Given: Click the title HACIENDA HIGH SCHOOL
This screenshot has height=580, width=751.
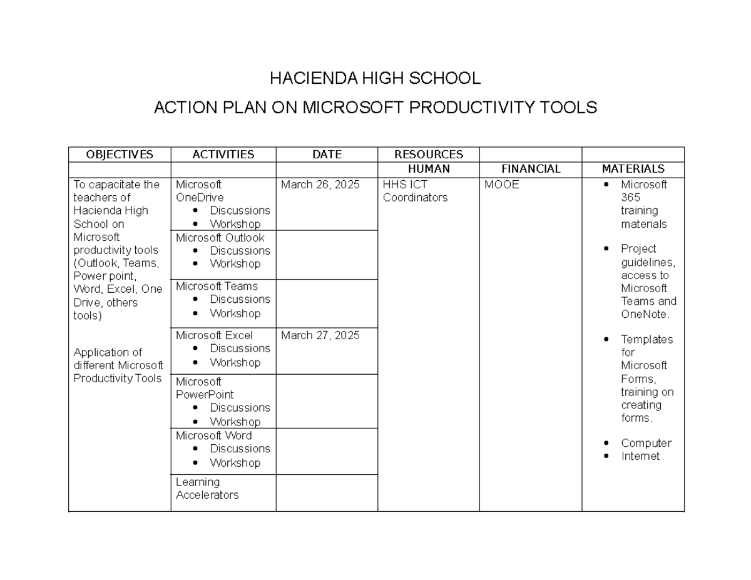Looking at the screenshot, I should pos(375,79).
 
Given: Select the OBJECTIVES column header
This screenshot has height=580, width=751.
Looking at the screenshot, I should pos(119,155).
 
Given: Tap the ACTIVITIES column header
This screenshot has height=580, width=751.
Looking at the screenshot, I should pos(223,155).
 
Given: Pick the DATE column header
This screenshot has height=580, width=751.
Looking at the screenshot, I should pos(327,155).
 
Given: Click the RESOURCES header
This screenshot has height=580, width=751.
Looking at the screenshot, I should pos(428,155).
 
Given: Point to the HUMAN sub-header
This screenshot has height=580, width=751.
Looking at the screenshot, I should pos(428,169).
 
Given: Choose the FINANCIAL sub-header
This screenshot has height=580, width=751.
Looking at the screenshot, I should pos(530,169).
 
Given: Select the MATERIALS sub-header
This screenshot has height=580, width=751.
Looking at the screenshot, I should pos(633,169).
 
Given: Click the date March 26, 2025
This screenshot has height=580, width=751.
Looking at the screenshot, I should pos(320,185).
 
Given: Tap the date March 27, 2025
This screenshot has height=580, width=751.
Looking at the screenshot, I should pos(320,335).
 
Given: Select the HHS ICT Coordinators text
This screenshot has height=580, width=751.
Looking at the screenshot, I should pos(415,191).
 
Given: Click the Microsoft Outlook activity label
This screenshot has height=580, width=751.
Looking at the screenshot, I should pos(220,238).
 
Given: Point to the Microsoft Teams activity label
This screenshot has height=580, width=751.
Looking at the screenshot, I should pos(217,286).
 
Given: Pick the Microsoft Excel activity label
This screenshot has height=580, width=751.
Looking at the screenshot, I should pos(214,335).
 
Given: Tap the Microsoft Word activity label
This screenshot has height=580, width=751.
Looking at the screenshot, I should pos(213,435).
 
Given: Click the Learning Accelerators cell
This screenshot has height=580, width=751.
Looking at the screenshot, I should pos(207,488).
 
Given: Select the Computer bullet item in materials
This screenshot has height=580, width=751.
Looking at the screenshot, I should pos(646,443).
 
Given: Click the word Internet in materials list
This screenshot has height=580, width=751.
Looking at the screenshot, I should pos(640,456).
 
